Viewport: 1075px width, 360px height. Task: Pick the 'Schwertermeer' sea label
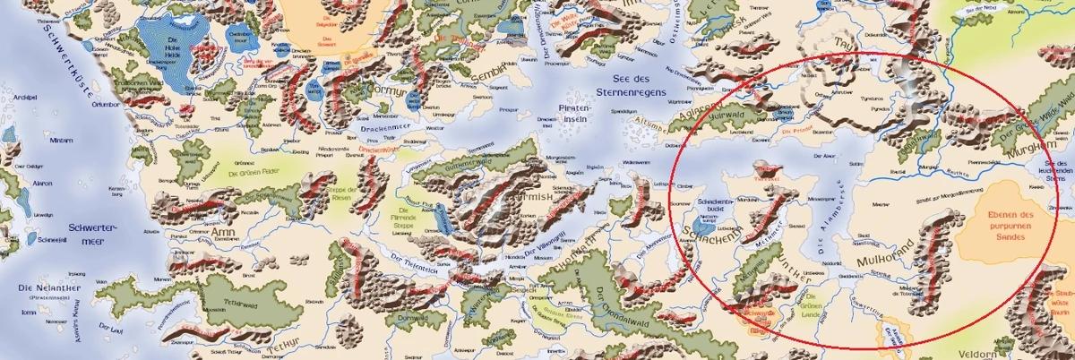92,234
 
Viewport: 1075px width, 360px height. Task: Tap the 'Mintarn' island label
61,141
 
